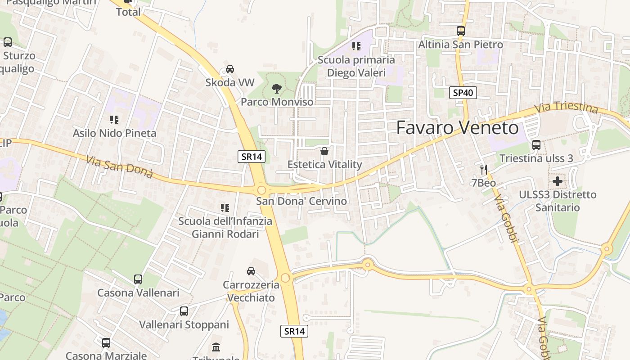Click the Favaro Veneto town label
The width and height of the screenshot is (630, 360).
457,128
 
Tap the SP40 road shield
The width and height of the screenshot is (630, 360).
463,93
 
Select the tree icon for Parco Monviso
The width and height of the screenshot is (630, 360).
277,88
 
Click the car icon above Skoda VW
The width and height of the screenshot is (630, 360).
230,69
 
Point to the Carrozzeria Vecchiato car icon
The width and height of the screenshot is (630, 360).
251,271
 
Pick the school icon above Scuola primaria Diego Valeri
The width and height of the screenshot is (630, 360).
356,46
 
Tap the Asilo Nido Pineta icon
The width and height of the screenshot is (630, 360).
114,119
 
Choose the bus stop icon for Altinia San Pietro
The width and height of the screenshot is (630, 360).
460,31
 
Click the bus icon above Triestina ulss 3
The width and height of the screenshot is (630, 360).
536,144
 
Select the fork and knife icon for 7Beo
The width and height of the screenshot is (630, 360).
484,169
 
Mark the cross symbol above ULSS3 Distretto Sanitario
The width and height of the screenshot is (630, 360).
558,181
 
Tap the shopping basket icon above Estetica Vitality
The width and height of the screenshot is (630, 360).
324,151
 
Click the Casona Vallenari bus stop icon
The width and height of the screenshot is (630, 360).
138,279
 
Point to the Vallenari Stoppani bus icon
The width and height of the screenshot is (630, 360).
184,311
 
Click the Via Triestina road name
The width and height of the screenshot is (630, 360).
566,108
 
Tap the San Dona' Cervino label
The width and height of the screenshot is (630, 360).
301,201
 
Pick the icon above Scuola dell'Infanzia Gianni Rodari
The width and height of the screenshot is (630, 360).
225,207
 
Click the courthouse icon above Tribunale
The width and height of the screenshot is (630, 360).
216,347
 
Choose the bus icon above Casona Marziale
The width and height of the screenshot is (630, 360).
106,342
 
